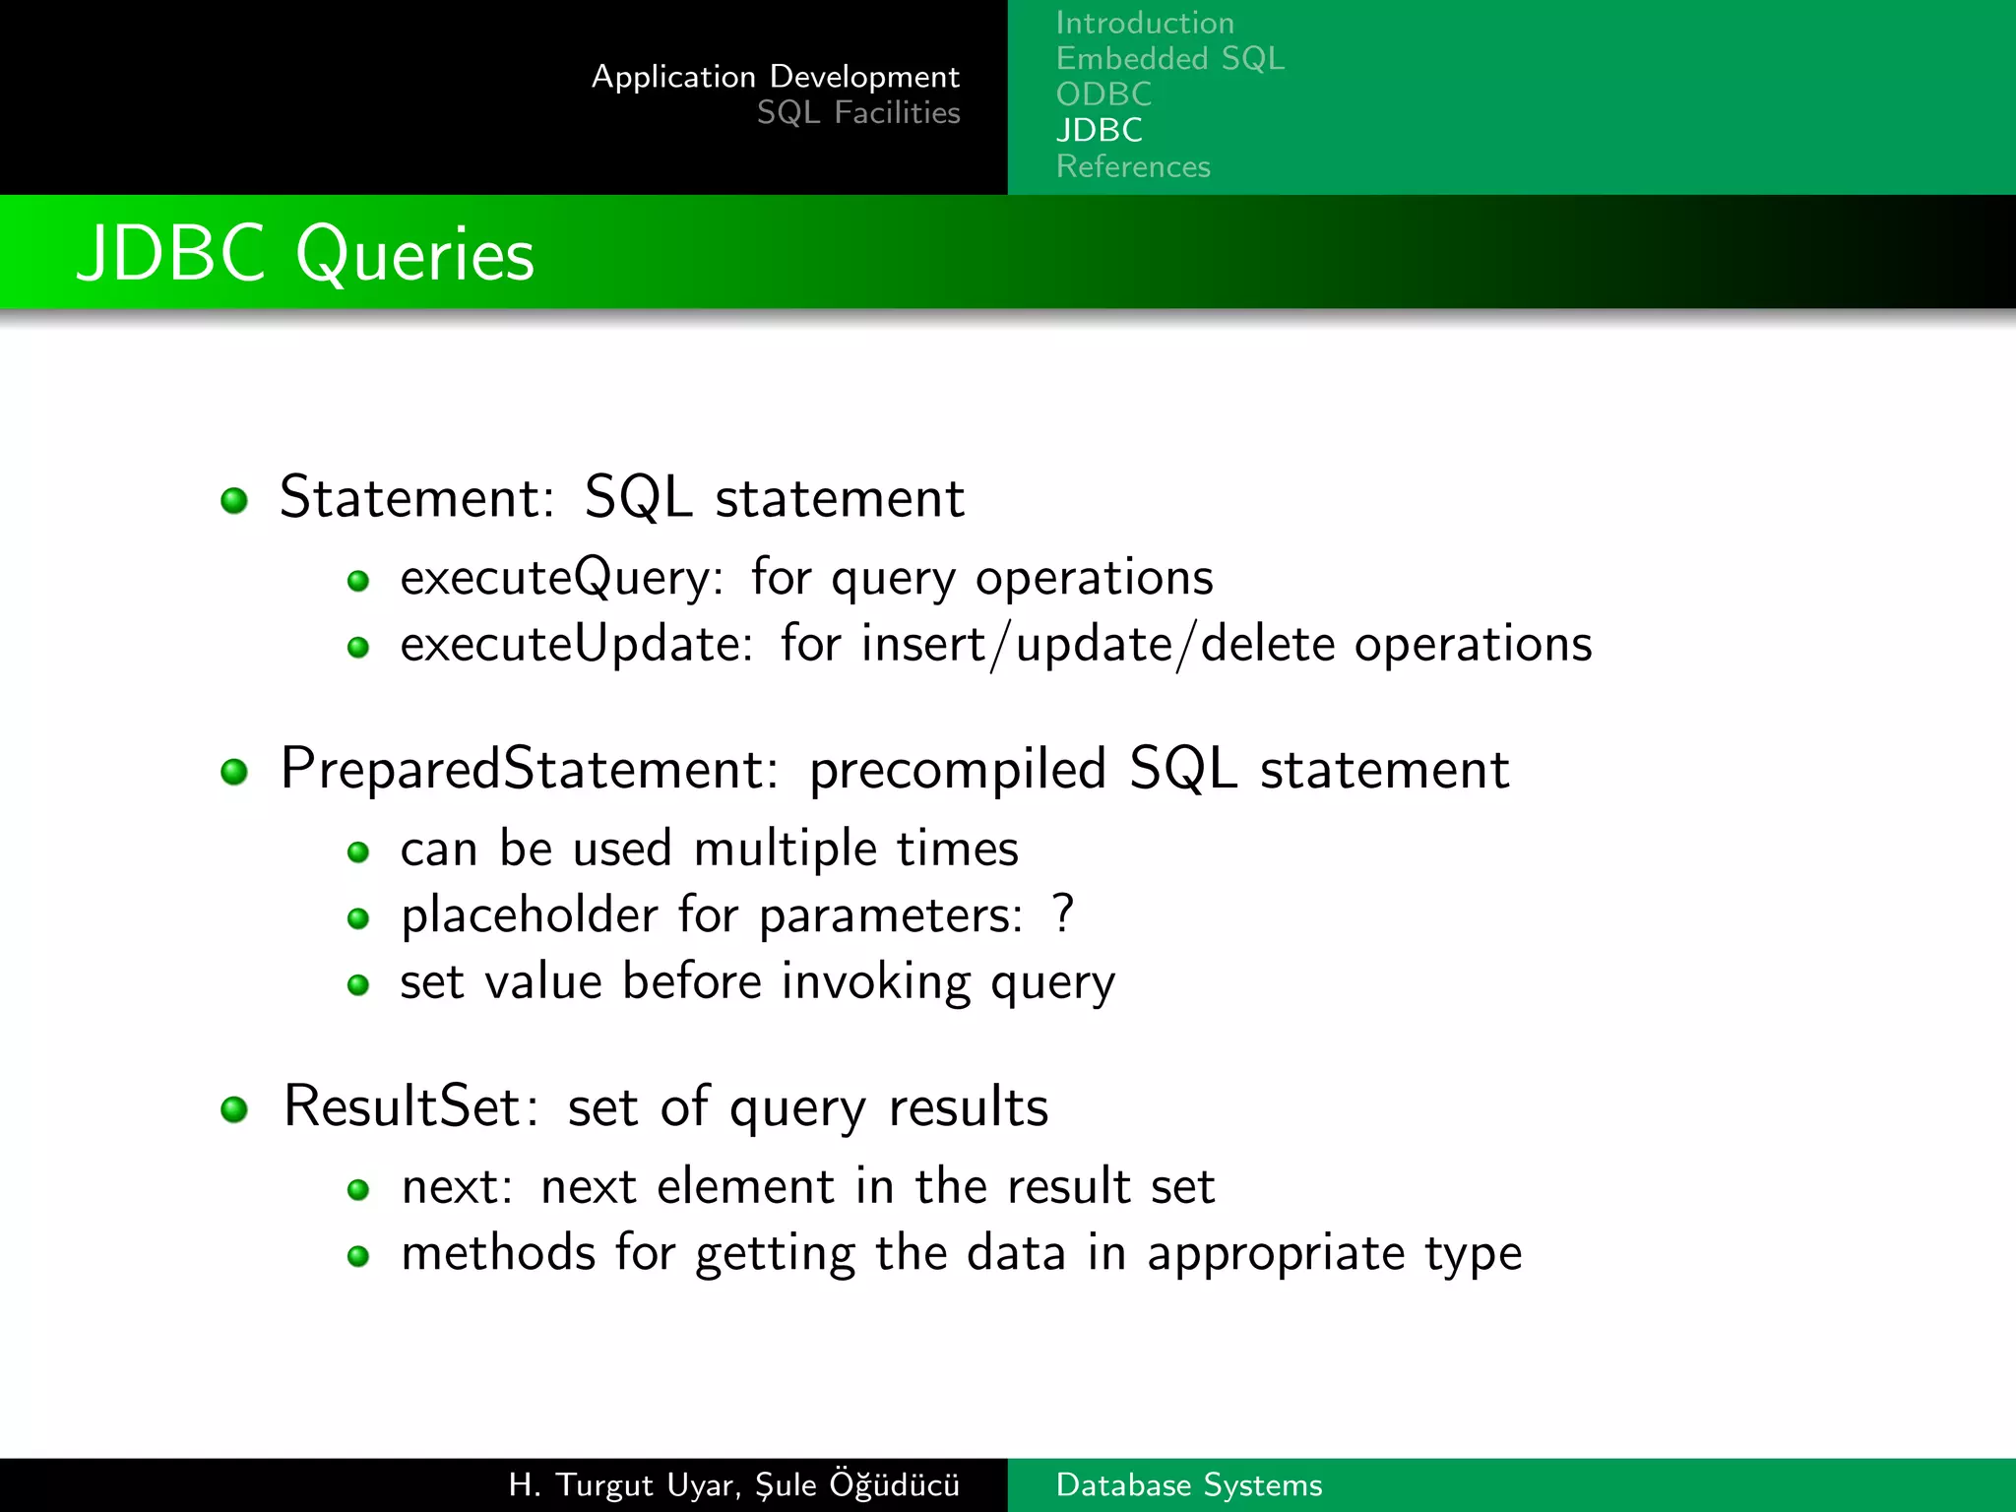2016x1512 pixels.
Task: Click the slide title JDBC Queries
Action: (x=305, y=254)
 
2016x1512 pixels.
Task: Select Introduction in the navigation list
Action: (x=1144, y=23)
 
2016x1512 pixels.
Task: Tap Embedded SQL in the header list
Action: (x=1169, y=59)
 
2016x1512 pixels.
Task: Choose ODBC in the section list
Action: (x=1103, y=94)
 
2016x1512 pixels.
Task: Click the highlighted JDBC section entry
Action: (x=1099, y=130)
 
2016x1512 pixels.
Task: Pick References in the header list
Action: (x=1133, y=166)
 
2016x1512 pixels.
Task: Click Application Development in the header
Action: (x=775, y=77)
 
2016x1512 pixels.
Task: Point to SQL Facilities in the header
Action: (x=857, y=113)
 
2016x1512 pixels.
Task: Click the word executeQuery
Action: (x=557, y=578)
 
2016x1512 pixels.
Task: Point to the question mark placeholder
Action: (x=1062, y=913)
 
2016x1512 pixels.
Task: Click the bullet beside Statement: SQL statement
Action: (x=234, y=500)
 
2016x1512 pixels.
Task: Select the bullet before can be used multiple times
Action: (x=358, y=851)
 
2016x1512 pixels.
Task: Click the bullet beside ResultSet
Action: (x=234, y=1109)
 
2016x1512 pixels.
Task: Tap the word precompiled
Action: (x=957, y=771)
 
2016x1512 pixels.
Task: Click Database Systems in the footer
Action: (x=1188, y=1484)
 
